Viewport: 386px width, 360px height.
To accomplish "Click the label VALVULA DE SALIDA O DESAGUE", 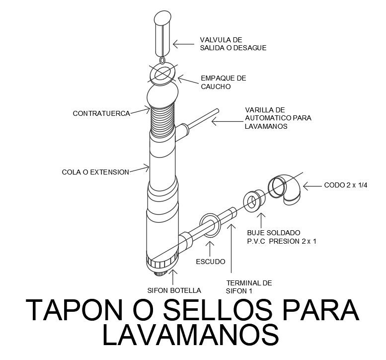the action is [x=233, y=44].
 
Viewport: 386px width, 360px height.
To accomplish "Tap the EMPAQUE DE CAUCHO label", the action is [x=223, y=82].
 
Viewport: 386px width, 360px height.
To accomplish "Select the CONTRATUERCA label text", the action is [x=101, y=113].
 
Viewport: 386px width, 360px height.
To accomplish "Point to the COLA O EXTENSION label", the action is [x=95, y=172].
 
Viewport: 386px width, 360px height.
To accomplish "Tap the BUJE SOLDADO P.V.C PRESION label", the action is [x=282, y=237].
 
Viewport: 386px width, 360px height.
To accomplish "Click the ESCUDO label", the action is [x=211, y=261].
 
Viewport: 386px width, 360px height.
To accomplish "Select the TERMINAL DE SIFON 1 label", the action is [x=249, y=287].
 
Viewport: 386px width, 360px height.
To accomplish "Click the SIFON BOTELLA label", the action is [x=173, y=290].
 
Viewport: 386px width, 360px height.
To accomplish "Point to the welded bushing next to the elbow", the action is [x=254, y=201].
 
